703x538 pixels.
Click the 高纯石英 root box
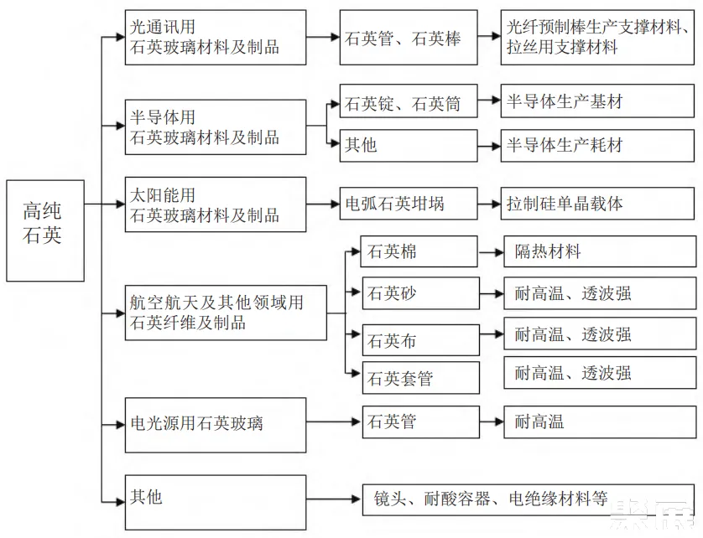point(44,230)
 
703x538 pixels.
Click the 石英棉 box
point(419,251)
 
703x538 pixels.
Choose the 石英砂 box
point(419,293)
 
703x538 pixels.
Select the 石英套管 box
point(419,379)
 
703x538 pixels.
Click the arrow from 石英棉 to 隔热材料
point(491,251)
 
